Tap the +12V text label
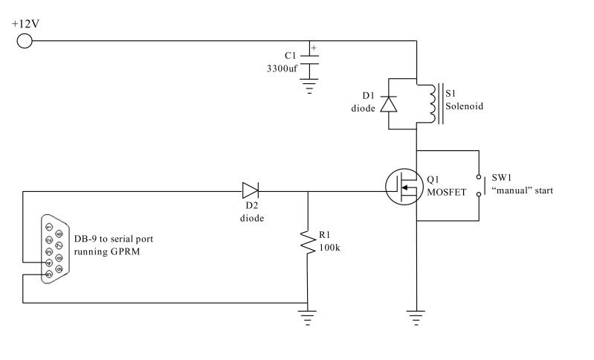point(25,24)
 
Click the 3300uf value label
point(283,68)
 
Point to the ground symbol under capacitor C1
point(309,86)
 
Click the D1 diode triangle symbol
point(389,104)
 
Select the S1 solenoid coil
point(432,103)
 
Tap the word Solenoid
point(465,106)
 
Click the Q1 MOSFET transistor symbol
point(404,187)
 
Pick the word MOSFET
point(447,192)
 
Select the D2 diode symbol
point(251,190)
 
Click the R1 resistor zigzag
point(308,242)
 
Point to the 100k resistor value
point(329,248)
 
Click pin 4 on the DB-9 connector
point(49,263)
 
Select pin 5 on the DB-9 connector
point(49,274)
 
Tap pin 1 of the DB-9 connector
point(49,227)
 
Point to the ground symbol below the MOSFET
point(416,318)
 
